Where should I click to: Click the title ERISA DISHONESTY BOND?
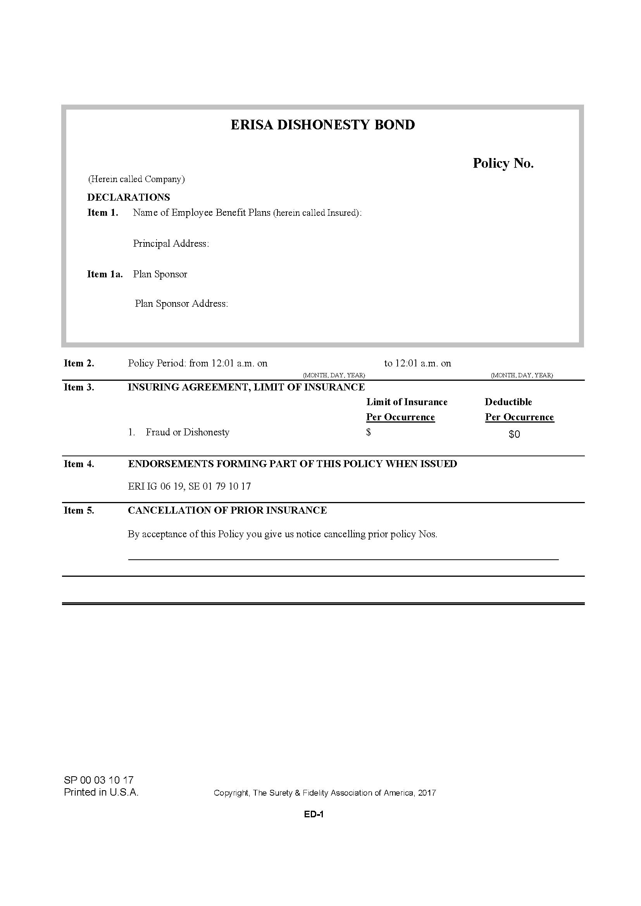coord(322,125)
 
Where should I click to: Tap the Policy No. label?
coord(503,163)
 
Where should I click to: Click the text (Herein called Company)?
coord(136,179)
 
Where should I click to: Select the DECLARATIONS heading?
coord(128,197)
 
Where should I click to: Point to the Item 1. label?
coord(103,213)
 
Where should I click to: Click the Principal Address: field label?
coord(171,244)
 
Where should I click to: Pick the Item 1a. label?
coord(105,274)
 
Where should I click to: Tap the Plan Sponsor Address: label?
coord(181,303)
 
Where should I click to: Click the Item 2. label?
coord(79,363)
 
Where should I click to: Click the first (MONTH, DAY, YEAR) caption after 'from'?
coord(334,375)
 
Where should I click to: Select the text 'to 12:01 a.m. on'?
coord(417,363)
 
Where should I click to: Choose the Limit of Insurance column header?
coord(407,402)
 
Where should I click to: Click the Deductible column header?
coord(508,402)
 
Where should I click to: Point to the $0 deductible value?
coord(514,434)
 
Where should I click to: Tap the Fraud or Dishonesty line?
coord(187,432)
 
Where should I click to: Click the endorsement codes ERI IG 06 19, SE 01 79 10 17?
coord(189,486)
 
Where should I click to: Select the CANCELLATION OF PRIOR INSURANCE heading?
coord(227,510)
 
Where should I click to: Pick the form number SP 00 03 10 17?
coord(99,780)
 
